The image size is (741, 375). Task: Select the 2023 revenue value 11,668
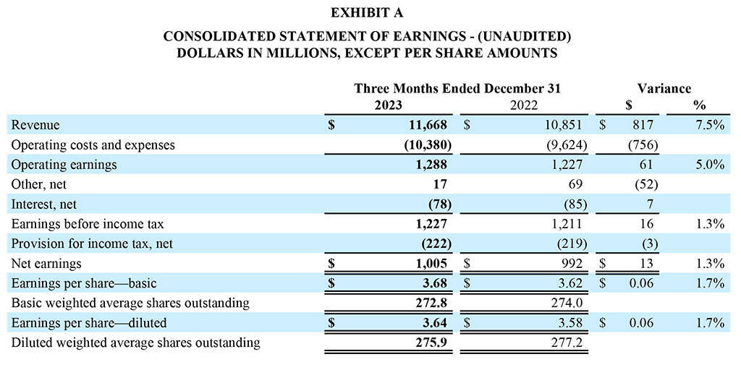coord(430,125)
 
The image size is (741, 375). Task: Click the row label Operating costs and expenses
coord(93,145)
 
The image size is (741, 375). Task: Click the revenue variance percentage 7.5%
coord(709,125)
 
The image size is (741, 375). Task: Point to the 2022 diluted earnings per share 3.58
coord(571,323)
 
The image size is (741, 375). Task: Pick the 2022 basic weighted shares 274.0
coord(568,303)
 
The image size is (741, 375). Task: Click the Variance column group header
coord(664,89)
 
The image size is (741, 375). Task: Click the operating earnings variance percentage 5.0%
coord(709,165)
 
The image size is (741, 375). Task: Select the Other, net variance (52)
coord(641,184)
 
